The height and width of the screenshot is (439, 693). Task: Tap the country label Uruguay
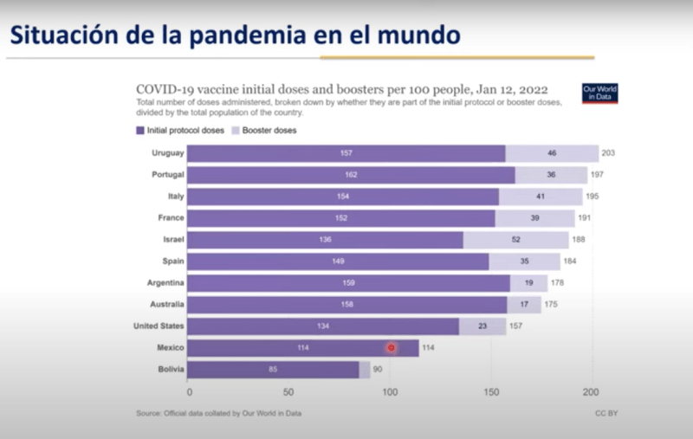coord(167,153)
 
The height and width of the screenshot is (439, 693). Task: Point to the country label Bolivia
coord(170,370)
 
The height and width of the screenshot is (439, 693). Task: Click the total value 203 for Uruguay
coord(608,153)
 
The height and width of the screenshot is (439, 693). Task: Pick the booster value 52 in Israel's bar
coord(516,240)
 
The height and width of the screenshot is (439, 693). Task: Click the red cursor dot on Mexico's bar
coord(392,347)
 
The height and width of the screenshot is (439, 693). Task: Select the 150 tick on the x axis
coord(490,392)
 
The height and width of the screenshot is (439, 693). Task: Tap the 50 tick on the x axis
coord(288,392)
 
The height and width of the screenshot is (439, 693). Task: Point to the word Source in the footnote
coord(149,414)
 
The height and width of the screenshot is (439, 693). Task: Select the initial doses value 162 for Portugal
coord(351,175)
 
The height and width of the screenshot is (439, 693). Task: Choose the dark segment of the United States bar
coord(323,326)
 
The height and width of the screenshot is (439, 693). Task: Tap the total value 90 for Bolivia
coord(378,370)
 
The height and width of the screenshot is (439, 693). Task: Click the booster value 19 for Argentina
coord(528,283)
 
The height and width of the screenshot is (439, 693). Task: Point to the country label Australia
coord(165,305)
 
